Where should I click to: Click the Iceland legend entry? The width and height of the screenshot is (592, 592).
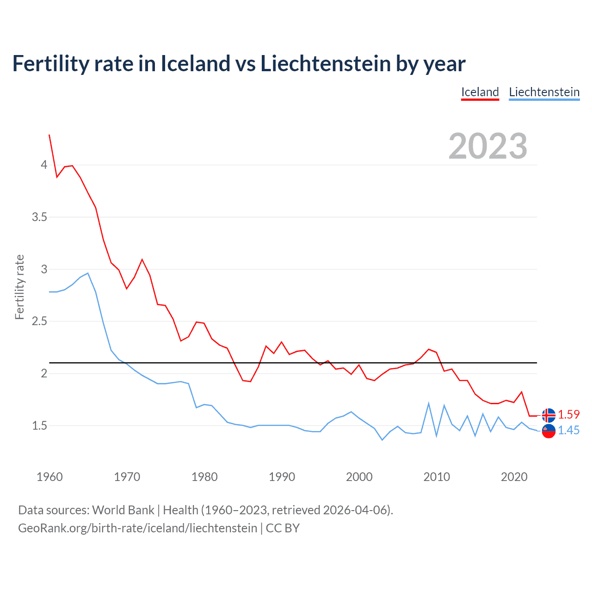[x=480, y=92]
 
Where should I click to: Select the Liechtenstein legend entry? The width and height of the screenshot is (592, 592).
[x=544, y=92]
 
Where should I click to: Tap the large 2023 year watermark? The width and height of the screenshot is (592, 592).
[x=488, y=146]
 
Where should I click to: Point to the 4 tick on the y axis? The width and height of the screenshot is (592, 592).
[x=44, y=165]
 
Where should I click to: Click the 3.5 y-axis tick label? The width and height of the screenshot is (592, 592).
[x=40, y=217]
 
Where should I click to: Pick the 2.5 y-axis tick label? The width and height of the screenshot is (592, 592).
[x=40, y=321]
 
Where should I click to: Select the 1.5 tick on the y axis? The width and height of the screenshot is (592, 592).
[x=40, y=425]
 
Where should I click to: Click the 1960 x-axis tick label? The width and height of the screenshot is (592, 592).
[x=49, y=477]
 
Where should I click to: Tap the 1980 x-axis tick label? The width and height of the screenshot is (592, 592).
[x=204, y=477]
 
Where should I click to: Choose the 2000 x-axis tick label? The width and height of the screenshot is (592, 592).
[x=359, y=477]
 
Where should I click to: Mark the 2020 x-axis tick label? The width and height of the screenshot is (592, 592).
[x=514, y=477]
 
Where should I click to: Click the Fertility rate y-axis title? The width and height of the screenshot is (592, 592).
[x=19, y=287]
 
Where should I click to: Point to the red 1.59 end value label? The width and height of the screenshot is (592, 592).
[x=568, y=414]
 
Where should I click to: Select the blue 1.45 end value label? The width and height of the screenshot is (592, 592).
[x=568, y=430]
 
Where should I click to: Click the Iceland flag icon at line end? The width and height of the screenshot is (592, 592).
[x=549, y=415]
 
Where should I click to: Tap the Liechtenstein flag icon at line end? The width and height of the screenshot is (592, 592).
[x=549, y=431]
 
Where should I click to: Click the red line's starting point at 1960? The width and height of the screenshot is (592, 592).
[x=49, y=135]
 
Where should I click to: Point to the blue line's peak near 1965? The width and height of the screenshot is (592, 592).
[x=88, y=273]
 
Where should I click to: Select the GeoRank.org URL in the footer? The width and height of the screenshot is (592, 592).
[x=137, y=528]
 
